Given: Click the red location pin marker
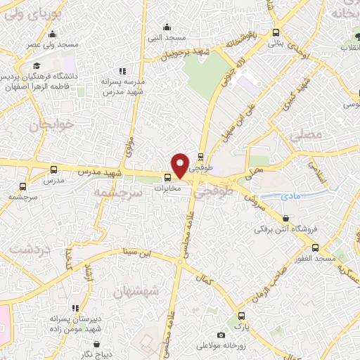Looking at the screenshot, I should pos(181,165).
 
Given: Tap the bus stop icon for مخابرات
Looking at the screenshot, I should pos(167,177).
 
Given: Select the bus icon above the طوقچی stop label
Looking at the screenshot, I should pos(202,157).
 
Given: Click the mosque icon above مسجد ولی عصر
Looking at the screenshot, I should pos(51,34).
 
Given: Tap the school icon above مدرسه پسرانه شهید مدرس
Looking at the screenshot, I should pos(123,70).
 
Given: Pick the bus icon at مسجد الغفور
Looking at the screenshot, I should pos(316,247).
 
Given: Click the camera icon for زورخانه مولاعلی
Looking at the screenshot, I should pos(221,335).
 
